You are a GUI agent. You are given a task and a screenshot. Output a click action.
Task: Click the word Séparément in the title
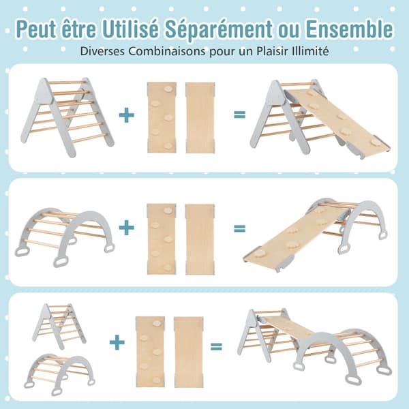coord(219,29)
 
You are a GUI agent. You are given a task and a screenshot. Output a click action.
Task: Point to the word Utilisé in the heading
coord(130,29)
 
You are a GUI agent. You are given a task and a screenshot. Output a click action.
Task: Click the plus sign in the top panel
coord(127,115)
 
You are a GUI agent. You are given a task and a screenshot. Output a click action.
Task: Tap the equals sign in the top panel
coord(239,115)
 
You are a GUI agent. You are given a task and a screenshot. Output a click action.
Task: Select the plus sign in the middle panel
coord(127,228)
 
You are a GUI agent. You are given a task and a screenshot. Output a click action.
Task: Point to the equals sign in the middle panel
coord(239,228)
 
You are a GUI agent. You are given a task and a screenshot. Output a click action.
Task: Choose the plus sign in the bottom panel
coord(117,342)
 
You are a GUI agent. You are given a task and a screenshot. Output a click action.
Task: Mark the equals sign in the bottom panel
coord(216,346)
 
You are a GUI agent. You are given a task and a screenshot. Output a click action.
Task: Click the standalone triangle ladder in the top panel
coord(67,117)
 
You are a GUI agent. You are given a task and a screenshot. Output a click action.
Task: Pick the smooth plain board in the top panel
coord(200,118)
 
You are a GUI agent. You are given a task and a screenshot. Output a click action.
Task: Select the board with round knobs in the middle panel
coord(162,239)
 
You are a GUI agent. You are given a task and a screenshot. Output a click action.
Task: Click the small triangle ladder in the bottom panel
coord(59,326)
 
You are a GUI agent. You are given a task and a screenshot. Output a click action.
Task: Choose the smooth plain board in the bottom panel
coord(189,352)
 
